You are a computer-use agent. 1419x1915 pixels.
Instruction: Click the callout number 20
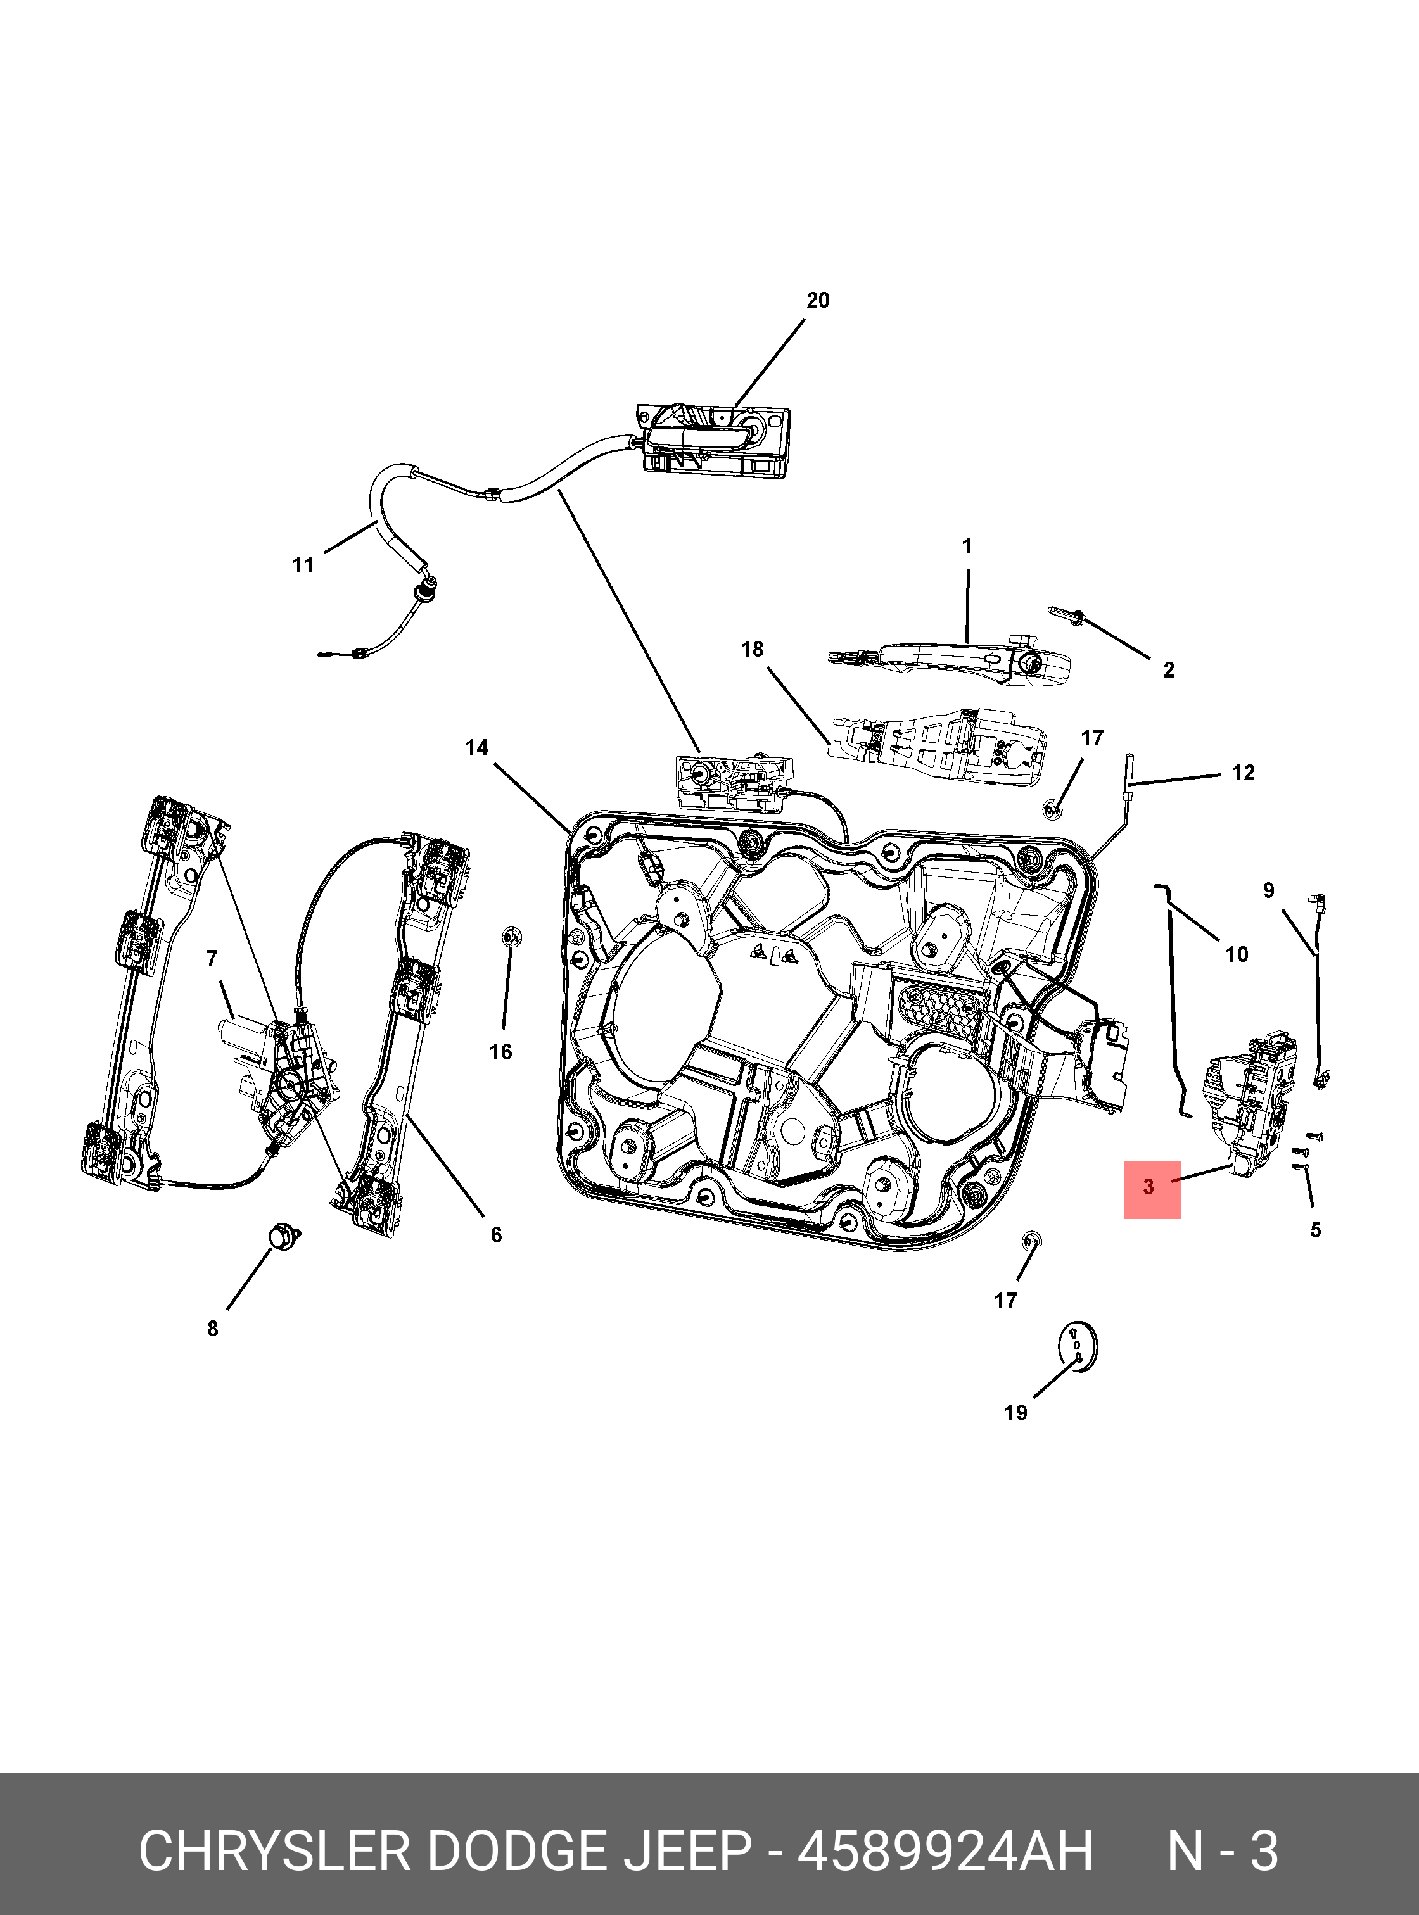coord(818,301)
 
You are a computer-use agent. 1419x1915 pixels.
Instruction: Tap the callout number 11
coord(303,565)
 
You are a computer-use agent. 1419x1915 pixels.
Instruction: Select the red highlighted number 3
coord(1149,1187)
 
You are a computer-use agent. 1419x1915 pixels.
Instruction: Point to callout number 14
coord(477,748)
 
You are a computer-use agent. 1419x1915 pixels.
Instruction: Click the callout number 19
coord(1016,1413)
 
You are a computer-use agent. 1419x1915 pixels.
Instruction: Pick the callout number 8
coord(213,1329)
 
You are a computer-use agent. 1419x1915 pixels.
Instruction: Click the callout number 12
coord(1243,773)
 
